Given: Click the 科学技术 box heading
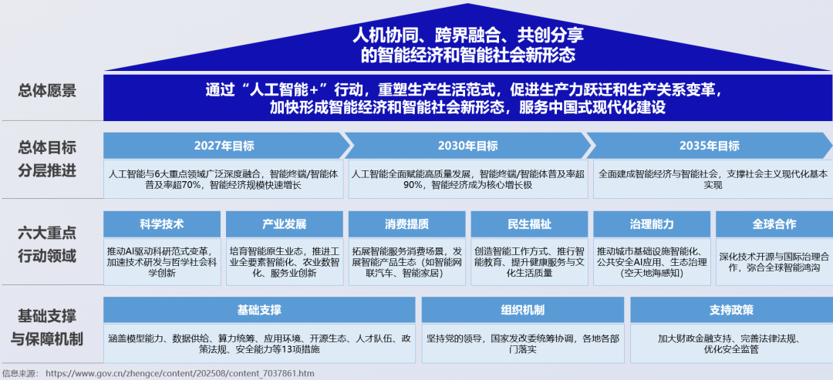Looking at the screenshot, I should [162, 224].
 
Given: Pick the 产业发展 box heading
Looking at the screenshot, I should [284, 224].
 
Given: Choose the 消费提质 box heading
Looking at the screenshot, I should [406, 224].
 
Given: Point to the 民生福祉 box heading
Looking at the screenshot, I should [529, 224].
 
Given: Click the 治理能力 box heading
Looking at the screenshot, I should [652, 224].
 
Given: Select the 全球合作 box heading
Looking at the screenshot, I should [774, 224].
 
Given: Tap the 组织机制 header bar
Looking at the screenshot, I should [522, 310].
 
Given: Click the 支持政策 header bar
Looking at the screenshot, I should [731, 310].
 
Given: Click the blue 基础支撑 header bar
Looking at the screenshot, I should [259, 310].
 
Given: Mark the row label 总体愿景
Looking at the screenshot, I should [48, 91].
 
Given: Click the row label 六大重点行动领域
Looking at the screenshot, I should [48, 244].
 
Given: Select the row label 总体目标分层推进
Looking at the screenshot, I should [48, 160].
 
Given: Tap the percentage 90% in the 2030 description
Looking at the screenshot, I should [413, 185].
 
